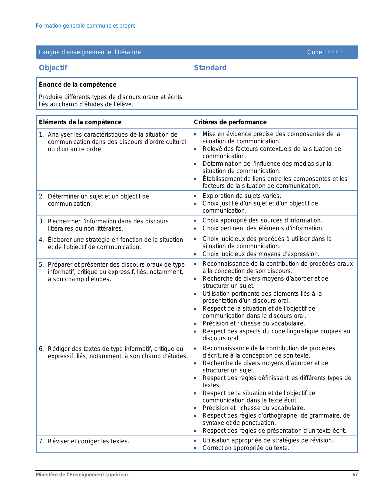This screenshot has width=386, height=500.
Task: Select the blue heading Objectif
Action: pyautogui.click(x=53, y=68)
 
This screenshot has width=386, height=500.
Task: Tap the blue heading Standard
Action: pyautogui.click(x=210, y=68)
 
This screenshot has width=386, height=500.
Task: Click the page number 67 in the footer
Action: pyautogui.click(x=355, y=475)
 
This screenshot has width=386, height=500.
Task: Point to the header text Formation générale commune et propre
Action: pyautogui.click(x=86, y=26)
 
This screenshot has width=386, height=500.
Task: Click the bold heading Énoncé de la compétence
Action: pyautogui.click(x=78, y=85)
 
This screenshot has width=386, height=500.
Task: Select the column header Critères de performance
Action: pyautogui.click(x=230, y=122)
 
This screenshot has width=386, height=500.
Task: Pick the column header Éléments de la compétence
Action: pyautogui.click(x=80, y=122)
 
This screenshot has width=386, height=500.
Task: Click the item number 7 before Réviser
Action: pyautogui.click(x=41, y=441)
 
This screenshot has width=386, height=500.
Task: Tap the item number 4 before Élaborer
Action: pyautogui.click(x=41, y=240)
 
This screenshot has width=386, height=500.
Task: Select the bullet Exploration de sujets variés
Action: pyautogui.click(x=242, y=196)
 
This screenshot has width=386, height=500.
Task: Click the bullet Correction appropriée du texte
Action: pyautogui.click(x=246, y=448)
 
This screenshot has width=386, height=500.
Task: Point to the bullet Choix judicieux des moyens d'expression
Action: pyautogui.click(x=261, y=254)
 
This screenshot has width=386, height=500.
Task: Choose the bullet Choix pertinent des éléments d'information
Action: pyautogui.click(x=263, y=228)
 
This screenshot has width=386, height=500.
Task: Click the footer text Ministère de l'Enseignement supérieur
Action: pyautogui.click(x=82, y=475)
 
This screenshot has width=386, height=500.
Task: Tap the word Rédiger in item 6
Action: pyautogui.click(x=59, y=349)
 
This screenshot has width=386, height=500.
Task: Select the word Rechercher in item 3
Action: pyautogui.click(x=64, y=221)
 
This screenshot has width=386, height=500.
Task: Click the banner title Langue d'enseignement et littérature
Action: pyautogui.click(x=90, y=52)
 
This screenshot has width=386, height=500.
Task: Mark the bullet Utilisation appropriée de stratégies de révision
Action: pyautogui.click(x=268, y=440)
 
